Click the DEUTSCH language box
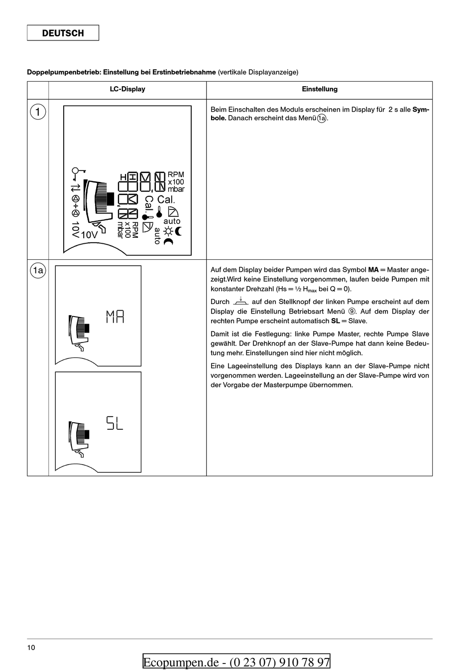click(x=63, y=33)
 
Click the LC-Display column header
click(x=127, y=89)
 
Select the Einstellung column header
click(x=319, y=89)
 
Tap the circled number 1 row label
click(x=38, y=112)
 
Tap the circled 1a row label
click(x=38, y=271)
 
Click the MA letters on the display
click(x=115, y=316)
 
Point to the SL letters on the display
click(x=115, y=423)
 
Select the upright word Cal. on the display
click(x=166, y=199)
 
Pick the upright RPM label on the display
click(x=176, y=174)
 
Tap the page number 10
click(x=31, y=648)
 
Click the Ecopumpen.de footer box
click(x=236, y=662)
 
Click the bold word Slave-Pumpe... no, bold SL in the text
click(x=335, y=321)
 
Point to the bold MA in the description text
click(x=373, y=270)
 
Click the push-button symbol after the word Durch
click(x=240, y=302)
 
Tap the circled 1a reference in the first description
click(x=322, y=119)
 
